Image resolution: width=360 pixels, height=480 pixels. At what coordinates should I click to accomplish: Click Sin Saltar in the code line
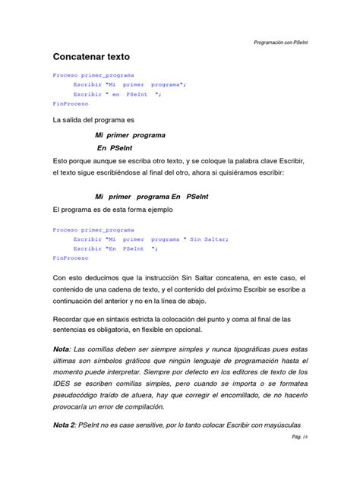pos(209,238)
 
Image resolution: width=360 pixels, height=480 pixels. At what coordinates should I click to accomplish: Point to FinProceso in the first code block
pos(70,103)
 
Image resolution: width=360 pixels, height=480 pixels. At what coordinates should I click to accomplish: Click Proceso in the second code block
pos(65,229)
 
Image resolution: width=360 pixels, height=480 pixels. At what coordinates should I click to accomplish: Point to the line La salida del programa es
pos(93,120)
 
